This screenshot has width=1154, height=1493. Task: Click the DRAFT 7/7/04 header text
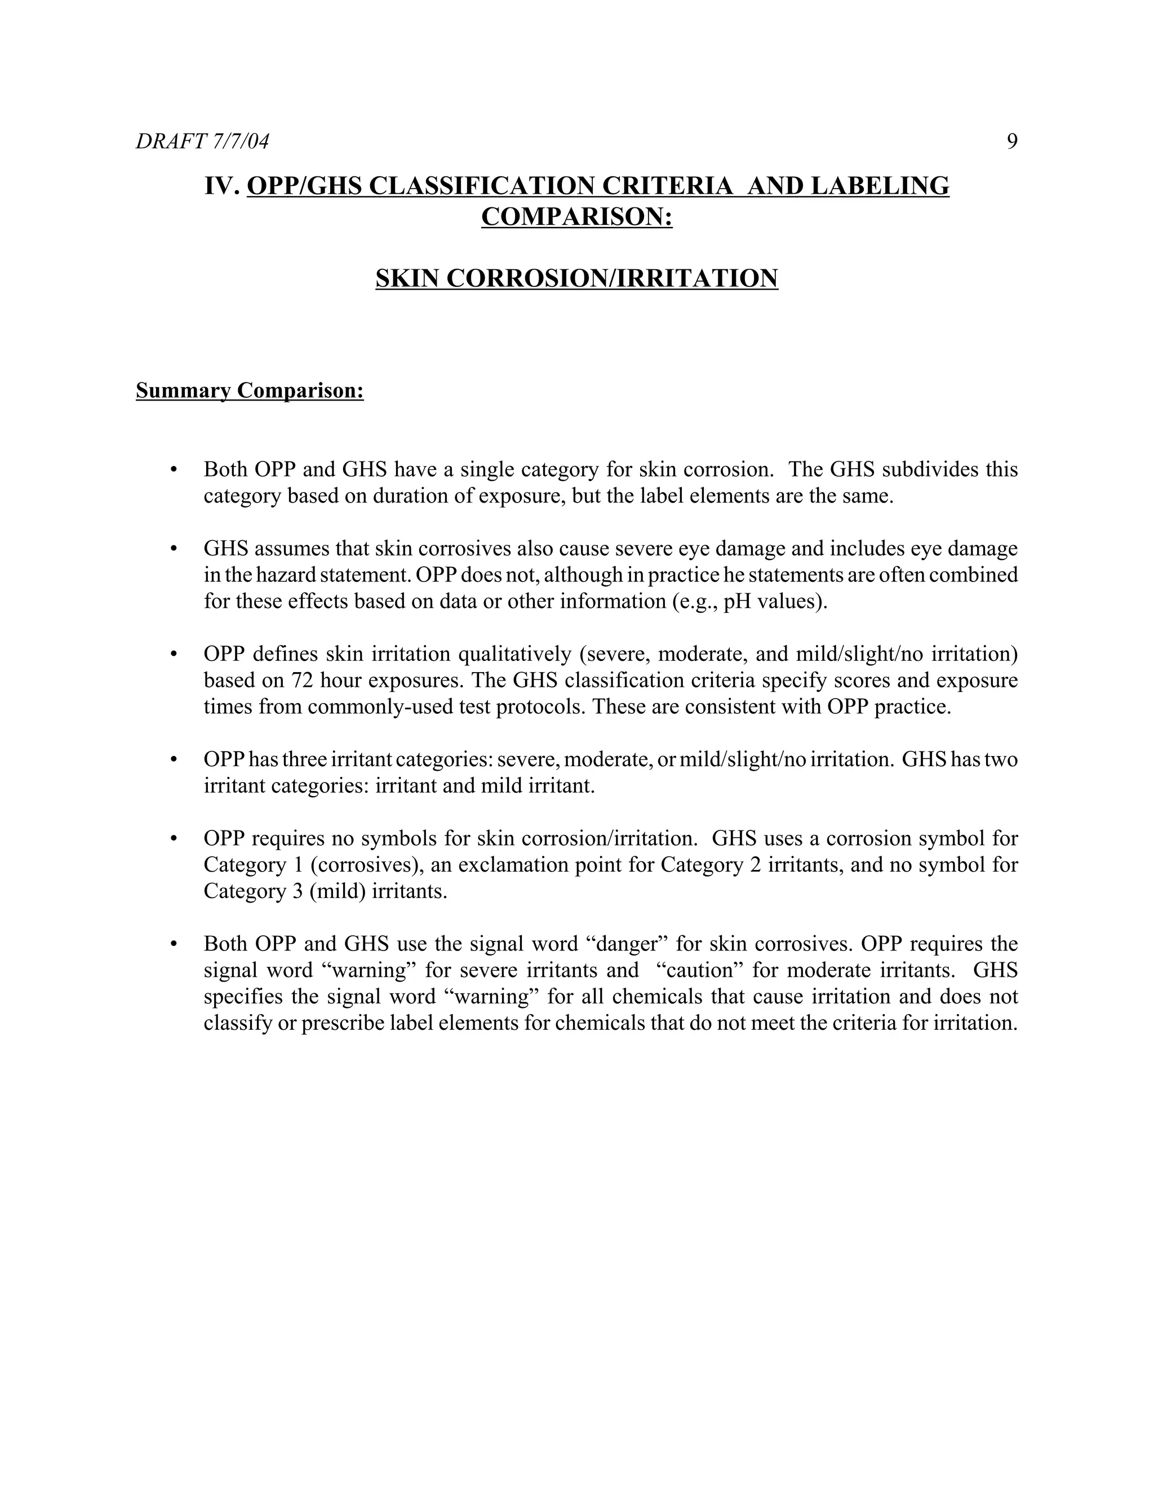[x=202, y=141]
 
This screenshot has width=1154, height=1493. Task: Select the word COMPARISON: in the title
[x=576, y=217]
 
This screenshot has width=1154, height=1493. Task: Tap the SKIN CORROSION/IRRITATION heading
[x=576, y=278]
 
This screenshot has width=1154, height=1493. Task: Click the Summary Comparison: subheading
[x=250, y=390]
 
